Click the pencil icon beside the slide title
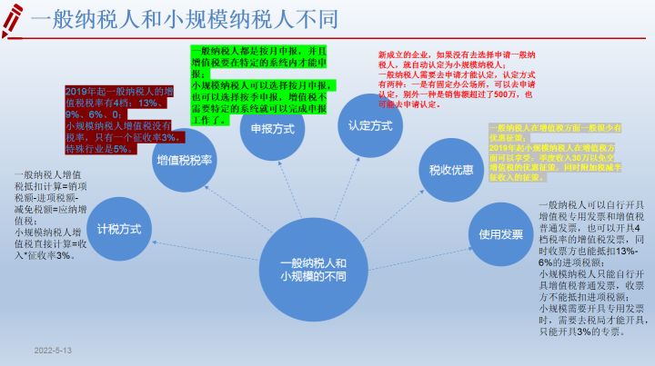13,20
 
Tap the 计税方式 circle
119,229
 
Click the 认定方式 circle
368,126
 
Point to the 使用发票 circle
501,234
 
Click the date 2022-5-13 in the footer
54,350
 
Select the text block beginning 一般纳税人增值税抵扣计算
50,213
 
